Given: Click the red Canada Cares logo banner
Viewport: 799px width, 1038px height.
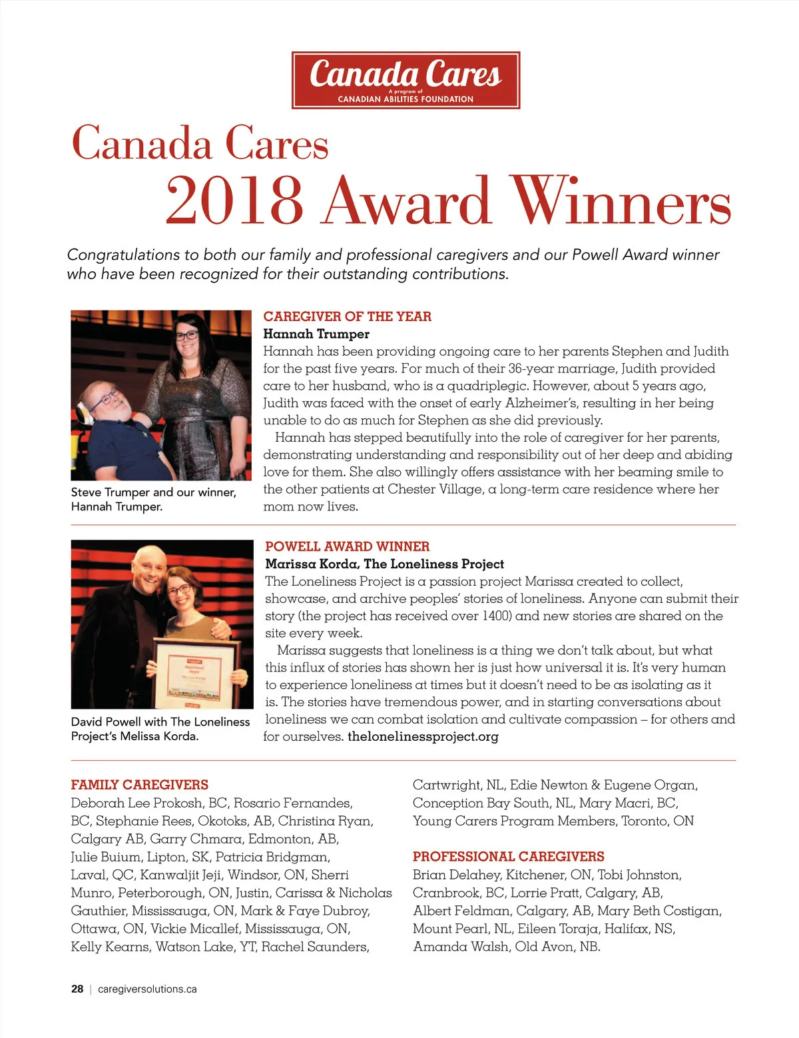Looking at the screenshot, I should (405, 80).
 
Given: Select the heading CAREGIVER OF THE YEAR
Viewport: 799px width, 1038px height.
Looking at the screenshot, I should (347, 316).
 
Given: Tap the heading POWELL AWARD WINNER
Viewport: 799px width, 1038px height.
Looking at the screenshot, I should (347, 546).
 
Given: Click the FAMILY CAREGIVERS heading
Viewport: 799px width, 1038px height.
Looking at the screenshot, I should (140, 785).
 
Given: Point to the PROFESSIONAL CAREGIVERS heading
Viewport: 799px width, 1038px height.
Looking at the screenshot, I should (508, 857).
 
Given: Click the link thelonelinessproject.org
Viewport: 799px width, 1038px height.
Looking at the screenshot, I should (423, 736).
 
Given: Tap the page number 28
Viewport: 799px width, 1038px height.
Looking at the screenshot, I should (77, 989).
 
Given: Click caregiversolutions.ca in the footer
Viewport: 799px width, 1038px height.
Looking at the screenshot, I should (147, 989).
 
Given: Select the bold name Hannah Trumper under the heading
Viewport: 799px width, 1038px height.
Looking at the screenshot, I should (316, 334).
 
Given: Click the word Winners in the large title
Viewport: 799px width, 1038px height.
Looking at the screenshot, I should (620, 201).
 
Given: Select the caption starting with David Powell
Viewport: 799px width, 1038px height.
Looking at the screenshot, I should (160, 729).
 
